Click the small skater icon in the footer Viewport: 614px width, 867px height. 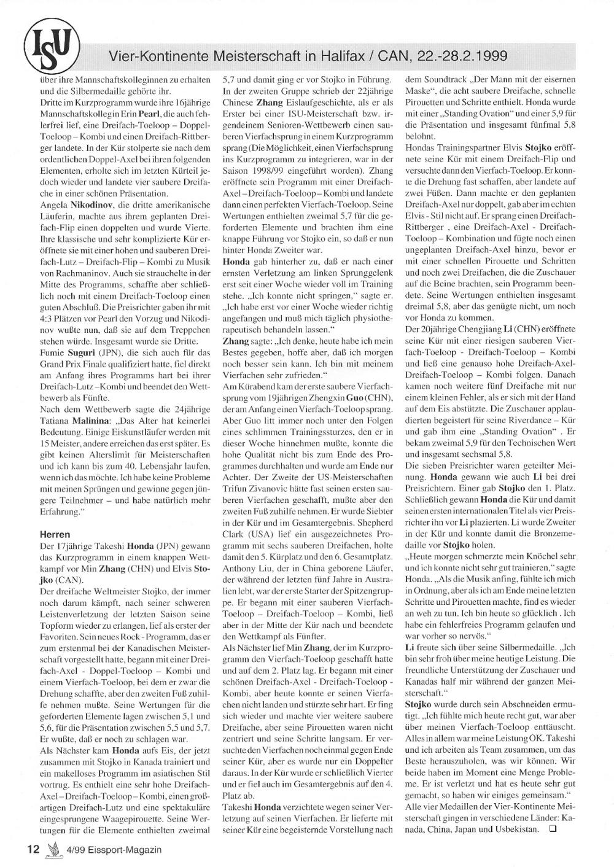tap(55, 849)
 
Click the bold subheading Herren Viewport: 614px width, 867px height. tap(55, 534)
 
